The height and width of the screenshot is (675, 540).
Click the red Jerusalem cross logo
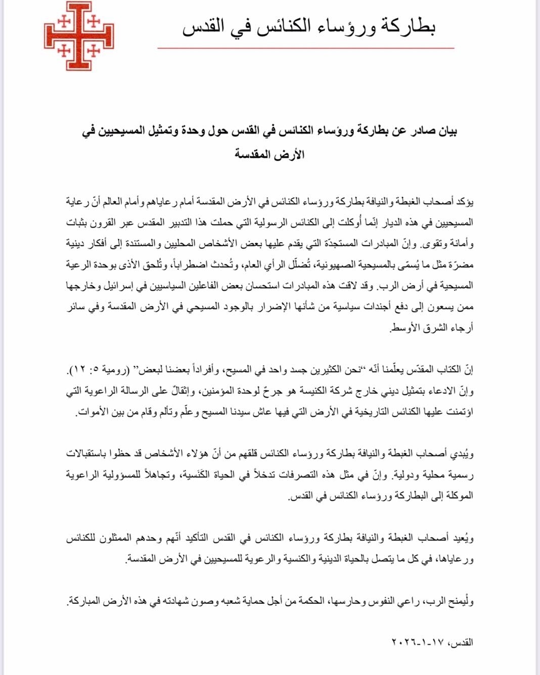[x=79, y=36]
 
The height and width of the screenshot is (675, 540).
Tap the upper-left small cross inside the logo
[x=64, y=22]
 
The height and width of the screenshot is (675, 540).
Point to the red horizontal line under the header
[x=305, y=49]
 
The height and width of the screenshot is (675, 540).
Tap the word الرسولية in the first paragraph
[x=284, y=223]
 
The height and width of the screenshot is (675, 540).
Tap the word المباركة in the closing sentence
[x=86, y=601]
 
